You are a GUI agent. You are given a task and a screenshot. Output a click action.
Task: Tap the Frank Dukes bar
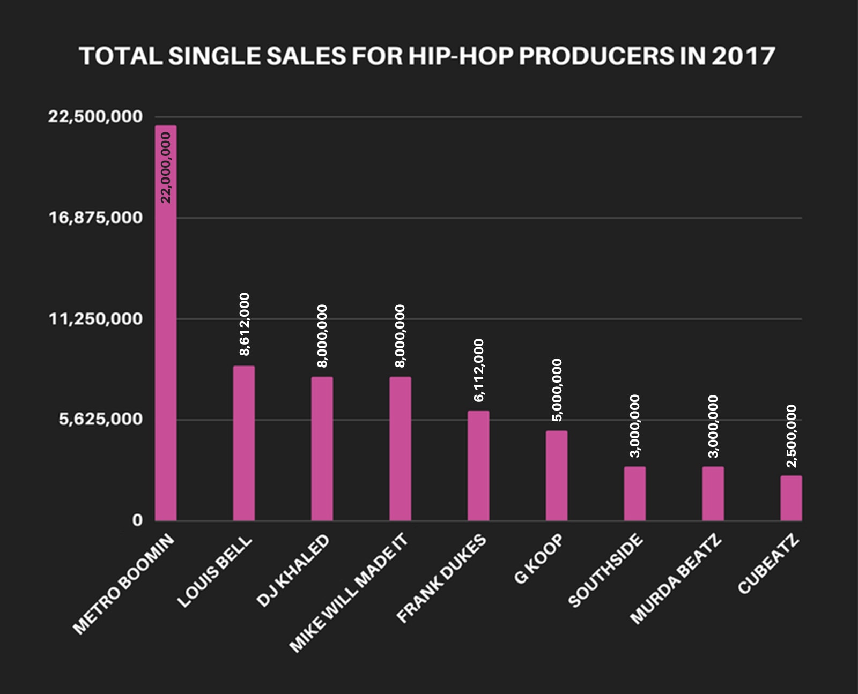coord(478,466)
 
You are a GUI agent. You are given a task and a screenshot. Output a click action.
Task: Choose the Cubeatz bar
coord(791,498)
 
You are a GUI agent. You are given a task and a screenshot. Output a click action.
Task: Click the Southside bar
coord(635,494)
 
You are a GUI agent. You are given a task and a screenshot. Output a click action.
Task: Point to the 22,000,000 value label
coord(166,167)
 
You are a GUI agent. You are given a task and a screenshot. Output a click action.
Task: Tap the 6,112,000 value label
coord(479,370)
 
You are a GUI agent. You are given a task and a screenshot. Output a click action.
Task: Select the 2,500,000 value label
coord(792,436)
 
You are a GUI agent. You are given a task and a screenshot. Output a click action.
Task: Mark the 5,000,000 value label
coord(557,390)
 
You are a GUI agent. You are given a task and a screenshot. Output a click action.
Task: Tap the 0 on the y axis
coord(138,520)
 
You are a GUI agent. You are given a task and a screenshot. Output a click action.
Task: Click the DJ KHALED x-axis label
coord(293,571)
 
